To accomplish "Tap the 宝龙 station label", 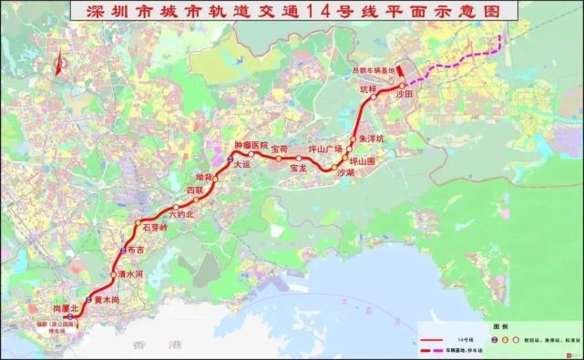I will (x=298, y=169).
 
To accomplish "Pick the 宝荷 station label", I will (x=279, y=148).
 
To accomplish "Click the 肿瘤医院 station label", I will (x=251, y=145).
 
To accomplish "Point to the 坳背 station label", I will (x=204, y=177).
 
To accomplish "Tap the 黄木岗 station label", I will (x=106, y=299).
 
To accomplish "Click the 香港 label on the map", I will (x=145, y=345).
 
